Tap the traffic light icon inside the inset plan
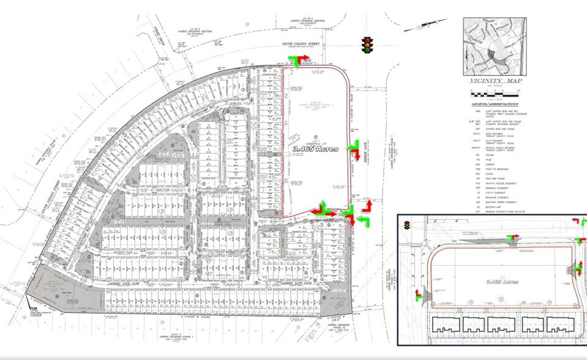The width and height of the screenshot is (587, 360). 406,226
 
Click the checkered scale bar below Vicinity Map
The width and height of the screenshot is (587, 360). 493,91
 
